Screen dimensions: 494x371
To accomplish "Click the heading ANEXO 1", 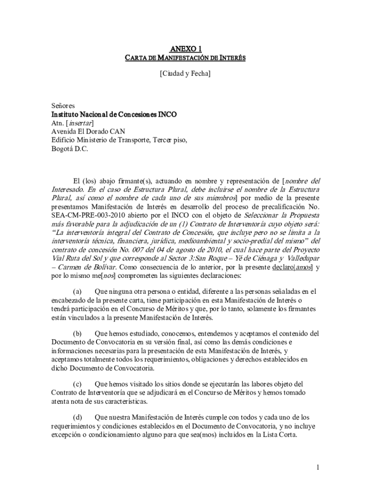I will click(x=185, y=49).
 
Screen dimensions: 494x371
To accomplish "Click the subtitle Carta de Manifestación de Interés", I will click(x=185, y=58).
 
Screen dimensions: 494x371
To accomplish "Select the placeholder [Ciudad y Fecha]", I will click(x=185, y=74).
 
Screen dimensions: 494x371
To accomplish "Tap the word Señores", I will click(x=63, y=106).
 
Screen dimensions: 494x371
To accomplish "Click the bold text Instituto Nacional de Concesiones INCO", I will click(x=114, y=114).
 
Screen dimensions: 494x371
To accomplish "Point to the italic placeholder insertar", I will click(x=80, y=123).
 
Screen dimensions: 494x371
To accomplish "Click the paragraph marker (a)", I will click(x=77, y=292).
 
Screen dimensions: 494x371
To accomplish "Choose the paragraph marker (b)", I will click(x=77, y=333).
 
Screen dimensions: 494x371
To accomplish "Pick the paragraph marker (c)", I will click(x=77, y=384).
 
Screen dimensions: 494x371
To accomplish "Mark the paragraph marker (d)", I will click(x=77, y=417).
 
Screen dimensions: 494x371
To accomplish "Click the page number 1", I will click(x=318, y=467).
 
